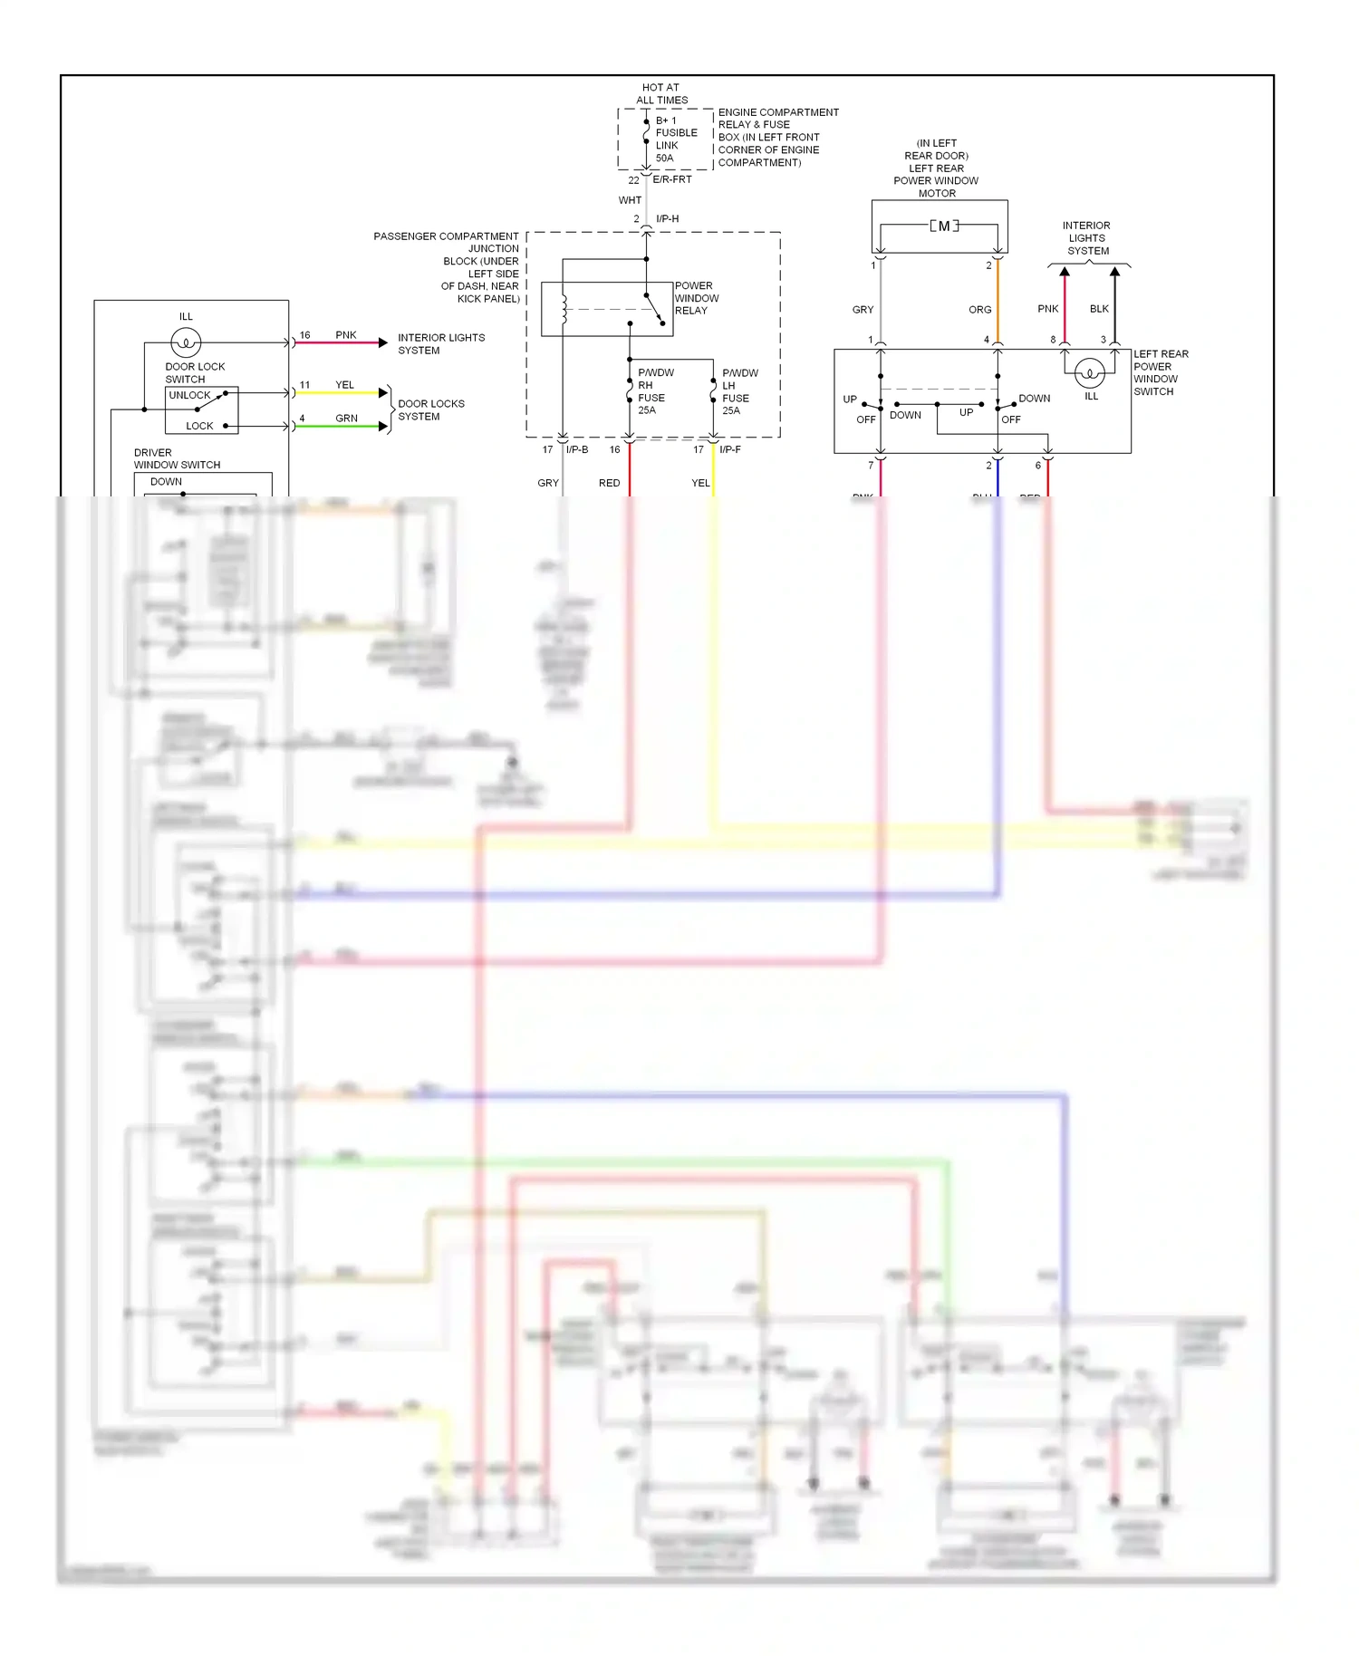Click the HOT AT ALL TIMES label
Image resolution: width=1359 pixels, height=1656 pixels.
[661, 94]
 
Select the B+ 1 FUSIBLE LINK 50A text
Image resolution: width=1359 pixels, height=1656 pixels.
[676, 139]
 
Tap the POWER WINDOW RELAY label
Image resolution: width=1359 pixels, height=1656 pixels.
[696, 298]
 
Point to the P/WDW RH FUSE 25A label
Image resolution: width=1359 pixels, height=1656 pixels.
[654, 391]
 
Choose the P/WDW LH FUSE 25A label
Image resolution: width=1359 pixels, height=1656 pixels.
[738, 391]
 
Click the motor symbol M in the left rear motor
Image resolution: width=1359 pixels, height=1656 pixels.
[944, 226]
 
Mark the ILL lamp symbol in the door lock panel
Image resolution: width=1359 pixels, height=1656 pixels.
[186, 342]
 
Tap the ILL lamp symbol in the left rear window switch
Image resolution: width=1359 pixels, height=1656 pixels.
[1090, 372]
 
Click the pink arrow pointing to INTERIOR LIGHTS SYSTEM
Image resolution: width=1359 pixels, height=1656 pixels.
[383, 342]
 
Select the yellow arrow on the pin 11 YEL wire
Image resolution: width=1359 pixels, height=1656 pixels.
[383, 392]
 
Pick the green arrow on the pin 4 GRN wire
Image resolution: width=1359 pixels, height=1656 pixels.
[383, 426]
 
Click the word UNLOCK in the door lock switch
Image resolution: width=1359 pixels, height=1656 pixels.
[189, 396]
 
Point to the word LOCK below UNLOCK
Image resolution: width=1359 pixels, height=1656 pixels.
[199, 426]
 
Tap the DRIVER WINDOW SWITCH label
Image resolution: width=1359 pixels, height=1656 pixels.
[177, 458]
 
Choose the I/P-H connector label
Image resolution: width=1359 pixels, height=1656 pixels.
[668, 219]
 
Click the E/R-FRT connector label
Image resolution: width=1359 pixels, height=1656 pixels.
[672, 179]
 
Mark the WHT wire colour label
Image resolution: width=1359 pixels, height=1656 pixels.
[630, 200]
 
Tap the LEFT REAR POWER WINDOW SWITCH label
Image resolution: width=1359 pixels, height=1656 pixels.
[1160, 373]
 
